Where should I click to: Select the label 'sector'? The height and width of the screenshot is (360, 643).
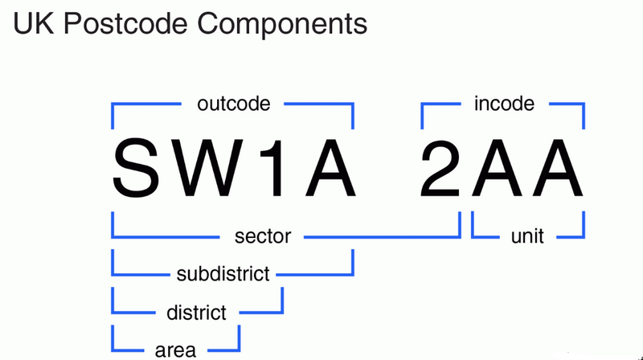[x=262, y=236]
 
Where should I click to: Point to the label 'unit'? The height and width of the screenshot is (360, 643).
[x=527, y=236]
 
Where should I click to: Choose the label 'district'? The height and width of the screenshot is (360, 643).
[x=196, y=312]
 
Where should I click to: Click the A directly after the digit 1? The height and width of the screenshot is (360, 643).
[x=325, y=169]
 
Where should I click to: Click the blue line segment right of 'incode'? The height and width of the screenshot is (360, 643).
[x=563, y=104]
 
